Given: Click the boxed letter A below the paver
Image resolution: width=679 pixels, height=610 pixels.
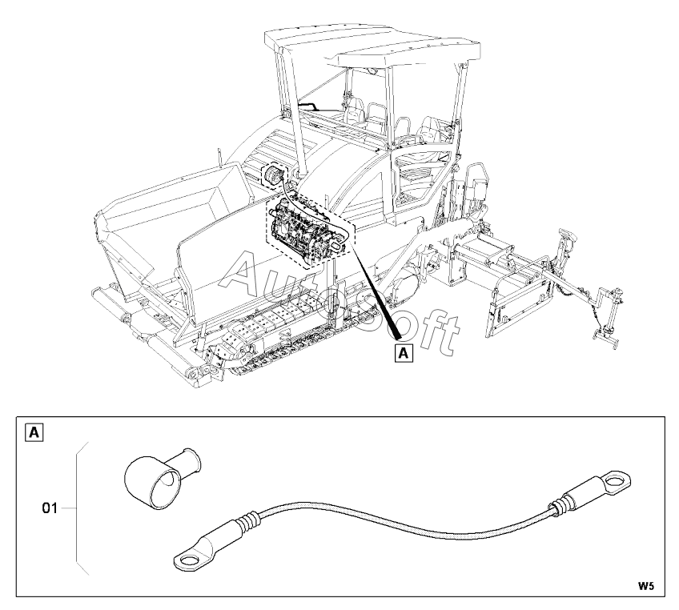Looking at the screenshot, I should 405,352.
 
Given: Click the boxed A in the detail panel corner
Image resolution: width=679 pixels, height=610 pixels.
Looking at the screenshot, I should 35,434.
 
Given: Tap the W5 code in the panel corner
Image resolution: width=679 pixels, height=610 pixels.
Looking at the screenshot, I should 646,586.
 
